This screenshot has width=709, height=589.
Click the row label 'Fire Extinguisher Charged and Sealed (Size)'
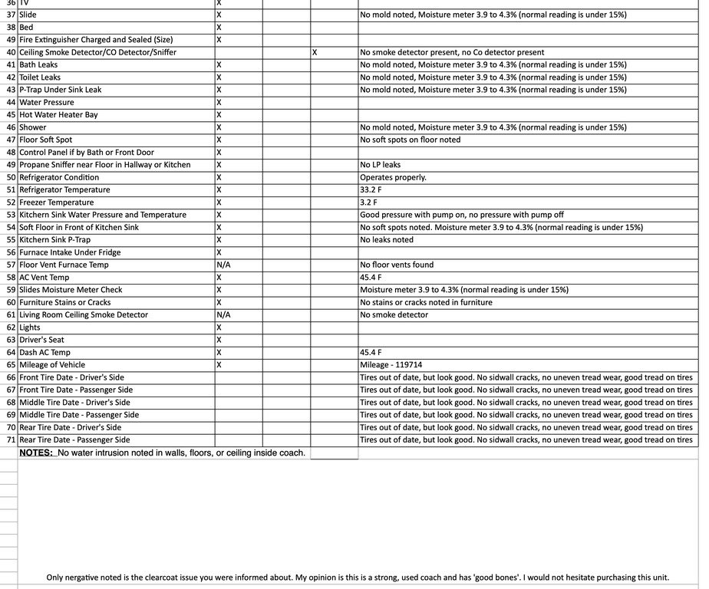(x=96, y=40)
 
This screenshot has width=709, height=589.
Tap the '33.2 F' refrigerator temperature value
(x=370, y=190)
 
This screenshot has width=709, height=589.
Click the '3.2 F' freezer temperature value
(x=368, y=202)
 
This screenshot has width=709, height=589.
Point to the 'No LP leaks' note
(x=380, y=165)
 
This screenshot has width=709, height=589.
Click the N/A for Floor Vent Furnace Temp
(x=224, y=265)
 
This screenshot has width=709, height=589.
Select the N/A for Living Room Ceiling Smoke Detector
(x=224, y=315)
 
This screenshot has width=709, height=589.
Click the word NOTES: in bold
(x=36, y=453)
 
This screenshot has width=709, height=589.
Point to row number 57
(x=11, y=265)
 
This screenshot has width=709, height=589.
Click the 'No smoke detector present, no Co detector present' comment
(x=452, y=52)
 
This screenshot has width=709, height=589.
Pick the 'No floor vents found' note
(x=397, y=265)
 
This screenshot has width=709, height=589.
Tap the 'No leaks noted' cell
(x=387, y=240)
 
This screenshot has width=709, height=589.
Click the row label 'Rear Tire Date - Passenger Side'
(x=74, y=440)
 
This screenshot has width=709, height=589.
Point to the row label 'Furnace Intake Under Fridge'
(x=70, y=252)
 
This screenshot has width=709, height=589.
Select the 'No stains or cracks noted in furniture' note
(x=426, y=302)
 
